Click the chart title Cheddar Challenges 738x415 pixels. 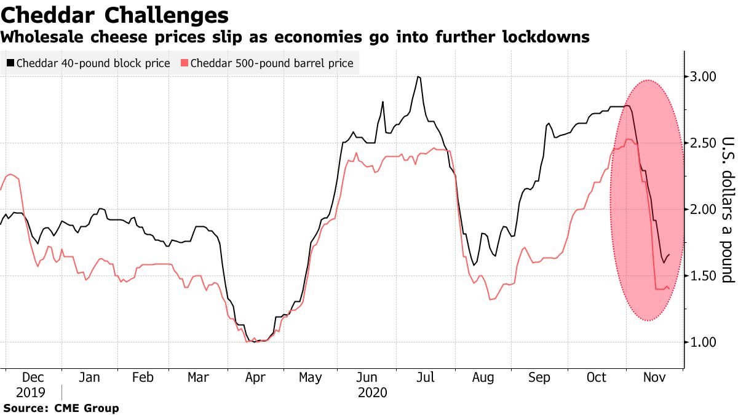tap(115, 14)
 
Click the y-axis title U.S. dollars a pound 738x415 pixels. tap(727, 209)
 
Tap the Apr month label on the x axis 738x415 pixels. tap(255, 377)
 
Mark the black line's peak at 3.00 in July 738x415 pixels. tap(418, 77)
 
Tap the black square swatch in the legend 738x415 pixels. tap(10, 63)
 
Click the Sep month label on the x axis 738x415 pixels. tap(539, 377)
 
